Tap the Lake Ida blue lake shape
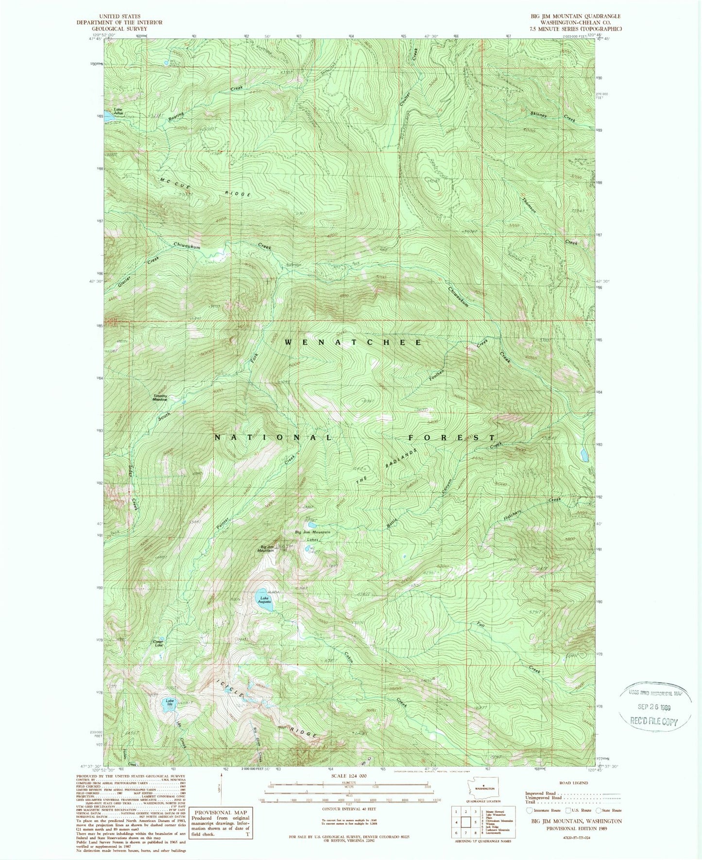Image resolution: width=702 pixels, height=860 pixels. pyautogui.click(x=169, y=705)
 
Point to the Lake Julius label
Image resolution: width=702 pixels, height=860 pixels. pyautogui.click(x=118, y=111)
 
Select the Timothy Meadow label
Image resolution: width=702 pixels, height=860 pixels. pyautogui.click(x=160, y=397)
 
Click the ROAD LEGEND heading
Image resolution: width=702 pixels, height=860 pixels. pyautogui.click(x=573, y=783)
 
